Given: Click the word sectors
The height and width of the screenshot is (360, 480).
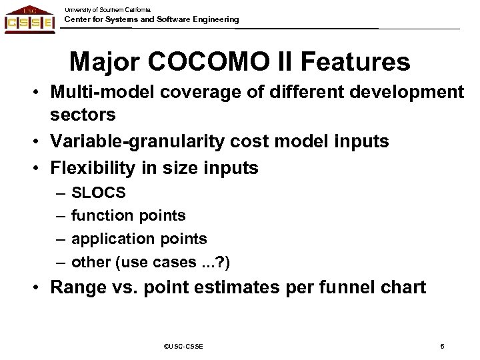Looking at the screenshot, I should (x=83, y=115).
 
